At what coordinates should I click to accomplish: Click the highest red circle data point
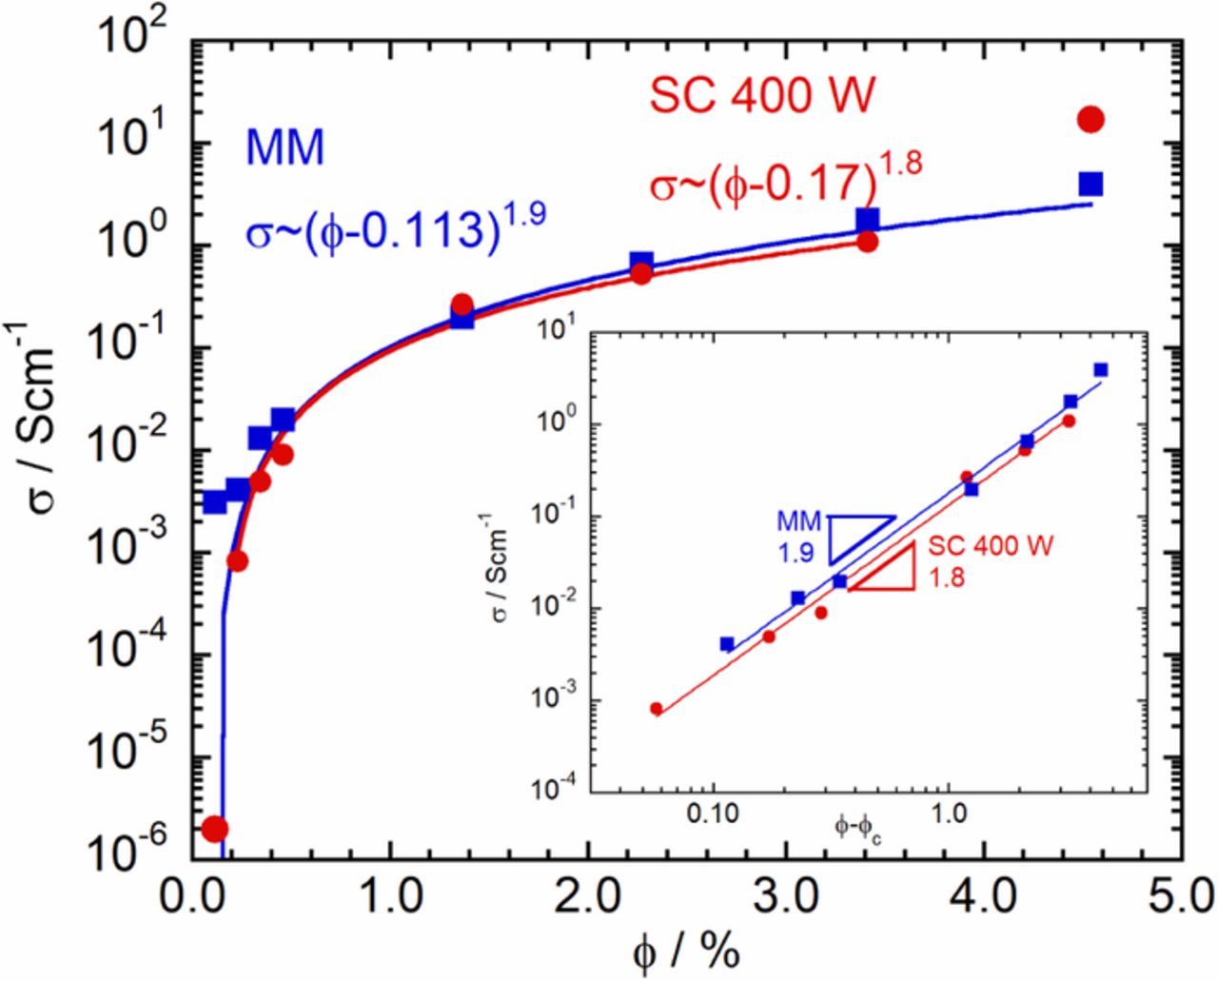pos(1090,119)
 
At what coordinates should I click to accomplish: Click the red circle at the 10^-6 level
pos(215,829)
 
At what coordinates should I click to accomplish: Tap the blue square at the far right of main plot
pos(1090,183)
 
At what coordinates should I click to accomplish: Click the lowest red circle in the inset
pos(656,708)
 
